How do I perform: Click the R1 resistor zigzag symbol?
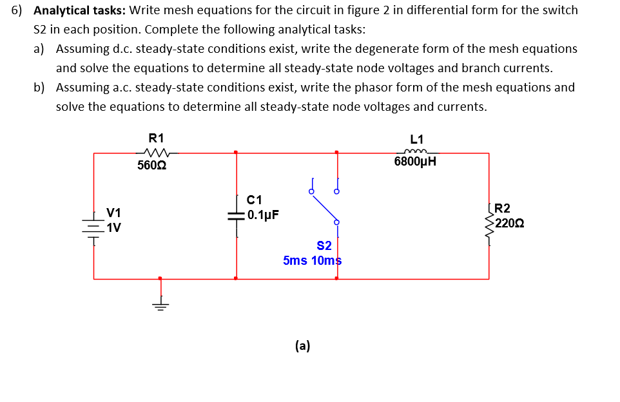pyautogui.click(x=157, y=153)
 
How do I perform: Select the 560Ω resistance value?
pyautogui.click(x=152, y=166)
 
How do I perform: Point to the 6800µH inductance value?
pyautogui.click(x=415, y=162)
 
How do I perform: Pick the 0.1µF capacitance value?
pyautogui.click(x=263, y=215)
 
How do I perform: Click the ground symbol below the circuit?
pyautogui.click(x=160, y=304)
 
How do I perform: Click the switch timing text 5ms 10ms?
pyautogui.click(x=312, y=260)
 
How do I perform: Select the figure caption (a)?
pyautogui.click(x=302, y=346)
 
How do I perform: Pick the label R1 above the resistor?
pyautogui.click(x=156, y=137)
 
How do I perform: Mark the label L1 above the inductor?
pyautogui.click(x=416, y=139)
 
